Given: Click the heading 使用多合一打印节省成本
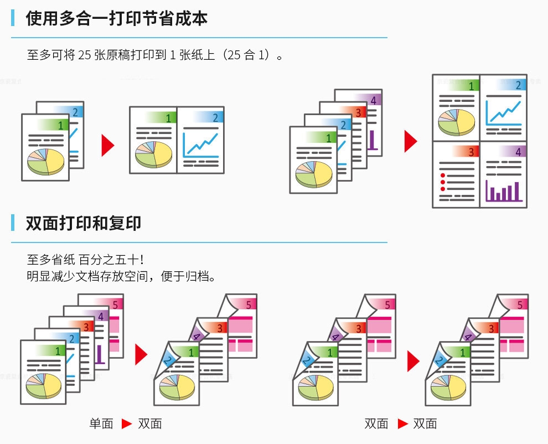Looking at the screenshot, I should coord(116,18).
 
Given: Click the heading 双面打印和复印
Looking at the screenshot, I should coord(83,223).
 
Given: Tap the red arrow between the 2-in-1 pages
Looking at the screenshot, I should coord(107,145).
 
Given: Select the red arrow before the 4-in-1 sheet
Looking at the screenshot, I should coord(410,141).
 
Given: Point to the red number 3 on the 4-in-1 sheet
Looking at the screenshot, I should coord(472,151).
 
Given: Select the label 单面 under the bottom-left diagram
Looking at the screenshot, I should coord(101,424).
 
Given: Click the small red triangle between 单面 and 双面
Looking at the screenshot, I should coord(127,424).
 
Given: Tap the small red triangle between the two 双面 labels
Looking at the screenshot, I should coord(402,424).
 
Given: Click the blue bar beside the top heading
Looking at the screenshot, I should coord(13,18).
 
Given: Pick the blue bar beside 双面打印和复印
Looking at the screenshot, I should coord(13,223).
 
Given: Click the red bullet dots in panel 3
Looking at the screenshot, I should coord(442,182).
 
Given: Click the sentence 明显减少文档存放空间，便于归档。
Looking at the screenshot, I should coord(120,276).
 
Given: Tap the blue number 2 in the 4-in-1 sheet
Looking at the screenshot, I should coord(518,85).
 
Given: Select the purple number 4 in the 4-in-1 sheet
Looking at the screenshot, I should coord(518,151).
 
